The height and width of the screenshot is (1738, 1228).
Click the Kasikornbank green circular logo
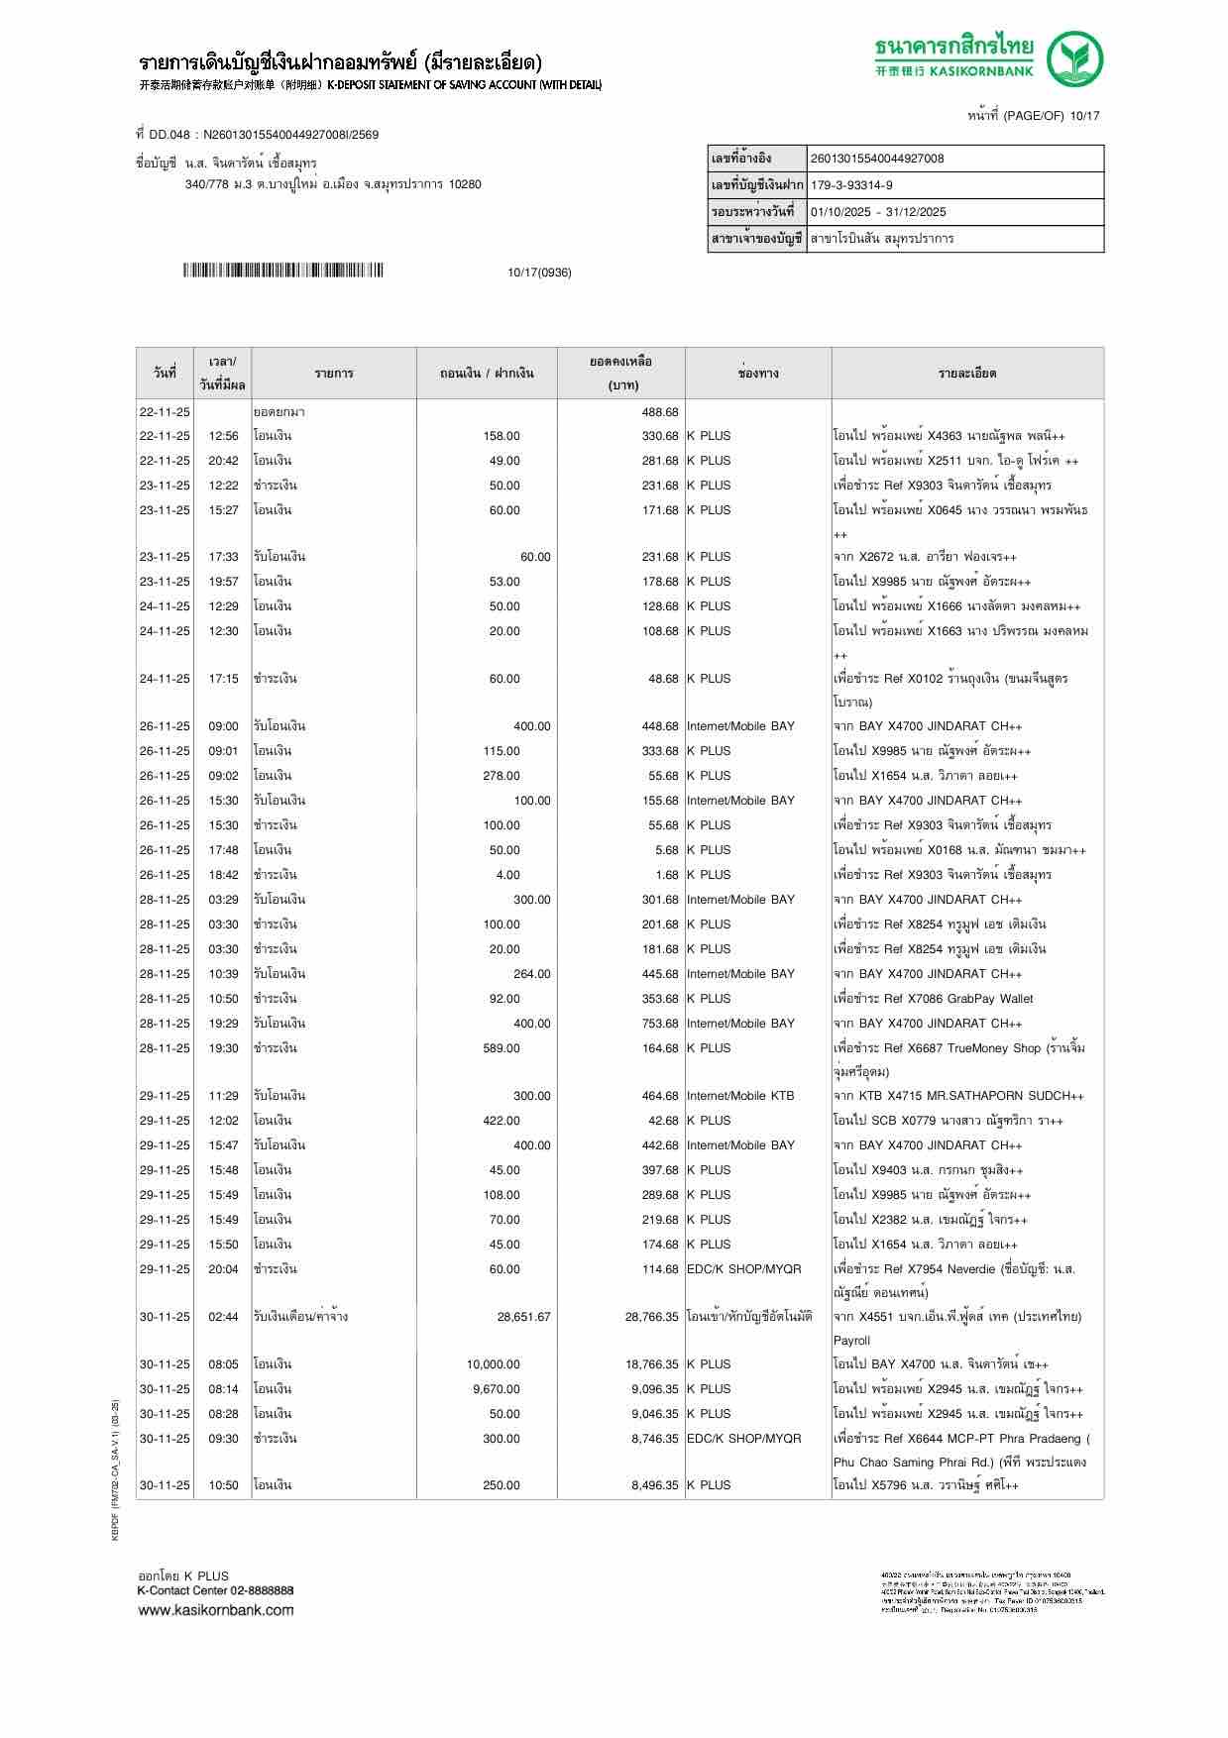tap(1076, 58)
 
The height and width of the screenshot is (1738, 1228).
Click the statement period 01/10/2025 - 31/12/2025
tap(877, 212)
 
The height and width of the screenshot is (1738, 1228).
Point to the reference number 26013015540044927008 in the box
tap(876, 159)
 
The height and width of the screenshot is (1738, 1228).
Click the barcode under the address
tap(282, 272)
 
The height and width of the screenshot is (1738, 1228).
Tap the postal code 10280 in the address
tap(464, 184)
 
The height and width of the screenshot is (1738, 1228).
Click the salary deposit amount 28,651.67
tap(523, 1317)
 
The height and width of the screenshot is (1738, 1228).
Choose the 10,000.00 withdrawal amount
tap(493, 1364)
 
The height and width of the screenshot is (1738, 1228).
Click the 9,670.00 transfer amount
tap(496, 1389)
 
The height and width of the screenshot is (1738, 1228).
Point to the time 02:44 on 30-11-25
tap(223, 1317)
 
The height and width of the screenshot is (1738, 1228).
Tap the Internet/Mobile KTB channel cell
tap(740, 1096)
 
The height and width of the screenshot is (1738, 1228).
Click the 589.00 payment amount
tap(501, 1048)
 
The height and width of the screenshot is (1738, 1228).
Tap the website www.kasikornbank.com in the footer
tap(215, 1609)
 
